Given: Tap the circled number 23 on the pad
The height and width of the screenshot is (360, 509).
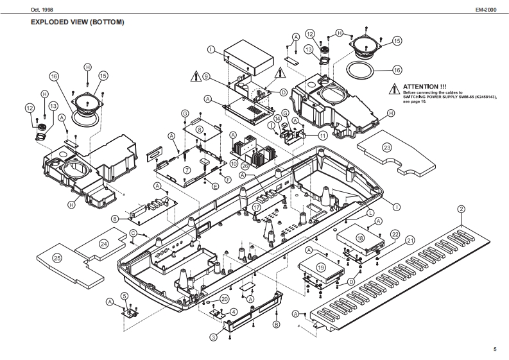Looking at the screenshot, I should [x=387, y=147].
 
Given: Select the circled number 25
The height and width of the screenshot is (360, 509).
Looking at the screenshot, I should [x=57, y=257].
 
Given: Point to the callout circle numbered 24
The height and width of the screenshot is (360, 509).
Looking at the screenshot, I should [x=104, y=243].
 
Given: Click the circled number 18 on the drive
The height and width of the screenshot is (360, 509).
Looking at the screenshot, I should [x=360, y=237].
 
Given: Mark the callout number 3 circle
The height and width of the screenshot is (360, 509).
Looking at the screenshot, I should [x=212, y=337].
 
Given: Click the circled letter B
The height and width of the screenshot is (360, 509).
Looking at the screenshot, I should [x=276, y=325].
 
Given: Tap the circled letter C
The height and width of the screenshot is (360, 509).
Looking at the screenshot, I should [x=132, y=232].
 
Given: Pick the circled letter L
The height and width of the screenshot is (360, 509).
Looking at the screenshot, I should [x=370, y=212].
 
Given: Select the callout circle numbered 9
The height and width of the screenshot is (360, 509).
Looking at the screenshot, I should [x=206, y=76].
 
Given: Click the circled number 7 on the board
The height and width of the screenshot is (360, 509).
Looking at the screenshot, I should [x=187, y=170].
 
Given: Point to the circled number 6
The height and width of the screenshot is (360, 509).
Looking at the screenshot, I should [x=114, y=219].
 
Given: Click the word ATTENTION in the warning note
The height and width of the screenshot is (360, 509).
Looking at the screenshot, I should [x=424, y=86].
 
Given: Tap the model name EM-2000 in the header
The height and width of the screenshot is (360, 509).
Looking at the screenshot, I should [x=486, y=11].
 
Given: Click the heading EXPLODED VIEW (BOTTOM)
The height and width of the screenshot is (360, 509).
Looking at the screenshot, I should [x=77, y=22].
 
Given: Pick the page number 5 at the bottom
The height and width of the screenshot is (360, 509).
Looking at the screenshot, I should [x=495, y=349].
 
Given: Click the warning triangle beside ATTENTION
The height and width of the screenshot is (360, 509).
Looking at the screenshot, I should [x=394, y=88].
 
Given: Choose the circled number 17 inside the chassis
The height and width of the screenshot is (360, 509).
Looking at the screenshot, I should [x=256, y=208].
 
